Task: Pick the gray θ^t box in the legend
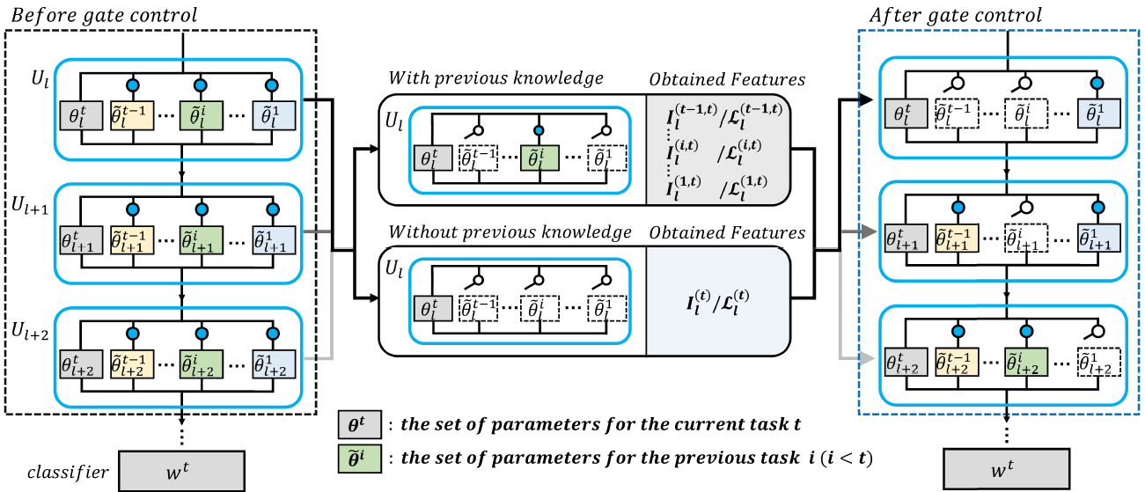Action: tap(358, 425)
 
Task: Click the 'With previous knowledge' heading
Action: tap(496, 78)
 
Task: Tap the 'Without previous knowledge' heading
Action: tap(511, 232)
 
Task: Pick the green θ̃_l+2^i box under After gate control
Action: tap(1024, 364)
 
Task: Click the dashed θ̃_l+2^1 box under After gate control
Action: tap(1097, 364)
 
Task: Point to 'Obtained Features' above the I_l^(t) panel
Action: tap(727, 232)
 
